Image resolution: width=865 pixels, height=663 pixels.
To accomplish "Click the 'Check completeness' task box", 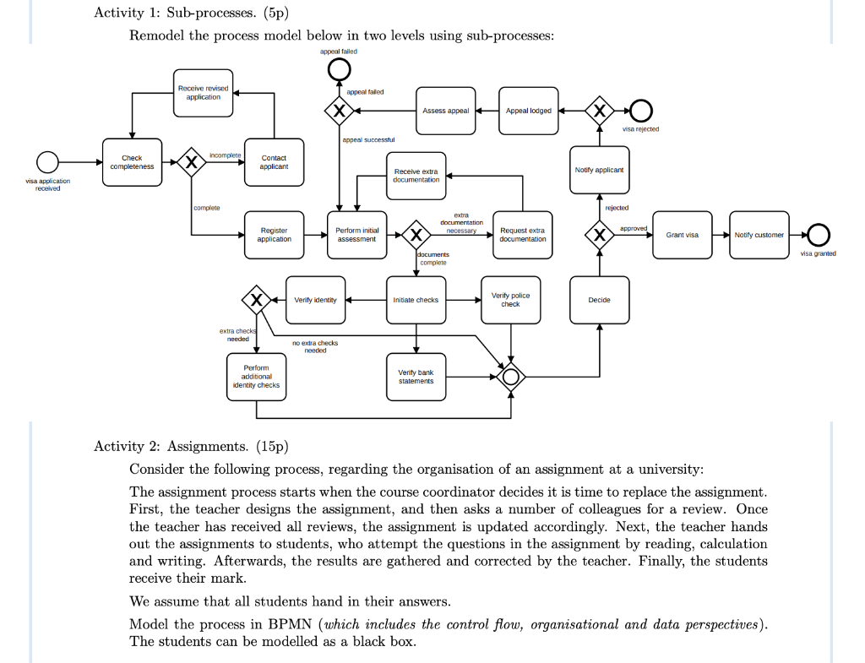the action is coord(132,162).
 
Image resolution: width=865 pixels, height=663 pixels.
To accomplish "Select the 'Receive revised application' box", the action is coord(203,93).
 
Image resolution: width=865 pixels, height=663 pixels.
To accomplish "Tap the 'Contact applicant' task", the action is coord(275,162).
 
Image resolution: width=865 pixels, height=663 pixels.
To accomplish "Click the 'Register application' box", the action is coord(275,235).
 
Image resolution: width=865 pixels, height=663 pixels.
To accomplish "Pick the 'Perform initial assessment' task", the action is coord(357,235).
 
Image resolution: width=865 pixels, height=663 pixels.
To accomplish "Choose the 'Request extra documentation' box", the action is coord(522,235).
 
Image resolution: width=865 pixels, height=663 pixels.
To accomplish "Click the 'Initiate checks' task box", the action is coord(416,300).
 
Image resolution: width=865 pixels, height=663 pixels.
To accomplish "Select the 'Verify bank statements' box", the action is coord(416,377).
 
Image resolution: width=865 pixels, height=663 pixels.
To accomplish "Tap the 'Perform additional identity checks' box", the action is coord(257,377).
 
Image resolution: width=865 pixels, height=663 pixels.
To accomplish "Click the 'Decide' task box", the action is coord(599,300).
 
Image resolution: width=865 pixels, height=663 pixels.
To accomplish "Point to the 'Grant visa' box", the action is coord(683,235).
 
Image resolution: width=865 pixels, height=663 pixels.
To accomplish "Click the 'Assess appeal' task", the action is coord(446,111).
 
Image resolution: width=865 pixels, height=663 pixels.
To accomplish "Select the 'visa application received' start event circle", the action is coord(47,152).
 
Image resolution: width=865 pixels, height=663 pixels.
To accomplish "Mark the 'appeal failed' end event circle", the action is coord(339,60).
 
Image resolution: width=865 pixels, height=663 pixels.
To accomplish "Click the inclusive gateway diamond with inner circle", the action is coord(511,362).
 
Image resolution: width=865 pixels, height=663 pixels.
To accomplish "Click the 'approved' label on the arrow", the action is coord(634,228).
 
